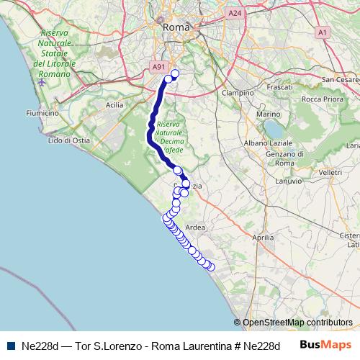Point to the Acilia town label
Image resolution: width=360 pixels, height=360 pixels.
(x=114, y=104)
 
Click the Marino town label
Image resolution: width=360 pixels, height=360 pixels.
(x=268, y=114)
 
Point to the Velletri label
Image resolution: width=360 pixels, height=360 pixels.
(x=329, y=173)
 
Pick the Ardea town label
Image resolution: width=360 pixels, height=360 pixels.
(x=195, y=228)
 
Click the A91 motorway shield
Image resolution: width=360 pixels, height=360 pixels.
(x=159, y=67)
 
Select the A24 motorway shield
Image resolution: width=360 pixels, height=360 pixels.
(x=234, y=13)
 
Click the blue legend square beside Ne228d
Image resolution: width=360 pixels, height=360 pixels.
(x=10, y=346)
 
